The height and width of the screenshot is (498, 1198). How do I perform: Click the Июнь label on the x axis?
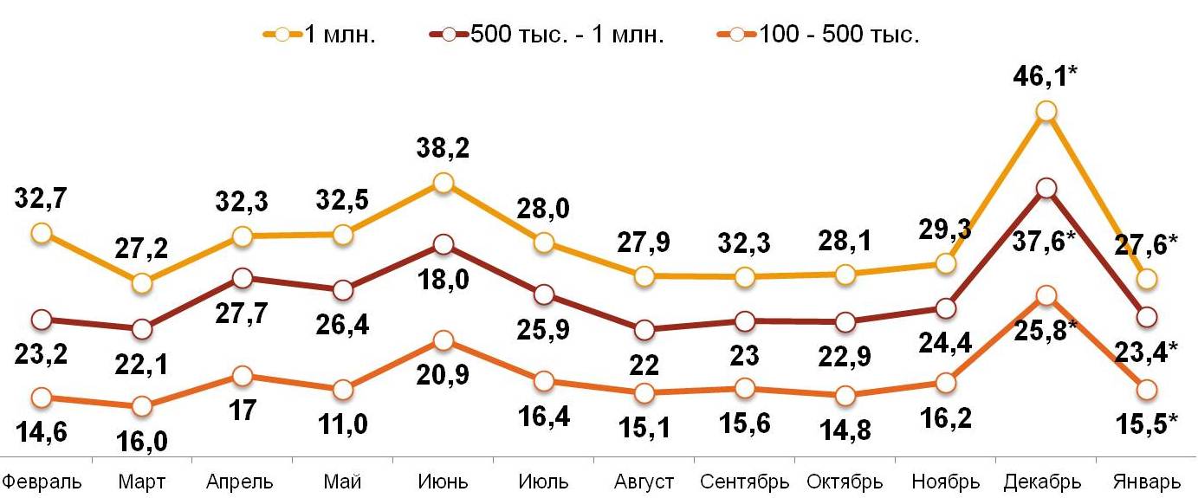[x=443, y=482]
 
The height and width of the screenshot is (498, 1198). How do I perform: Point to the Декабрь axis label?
[x=1044, y=482]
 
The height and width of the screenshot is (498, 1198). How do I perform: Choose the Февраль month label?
[x=42, y=482]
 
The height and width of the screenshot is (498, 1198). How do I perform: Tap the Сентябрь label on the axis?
[x=744, y=482]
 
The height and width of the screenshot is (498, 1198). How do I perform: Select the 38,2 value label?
[x=443, y=149]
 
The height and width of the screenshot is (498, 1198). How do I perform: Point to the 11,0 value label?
[x=343, y=424]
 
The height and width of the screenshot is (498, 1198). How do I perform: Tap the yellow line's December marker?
[x=1046, y=111]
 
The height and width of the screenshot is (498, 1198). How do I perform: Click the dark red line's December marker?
[x=1046, y=188]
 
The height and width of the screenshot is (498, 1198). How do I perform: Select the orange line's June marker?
[x=443, y=341]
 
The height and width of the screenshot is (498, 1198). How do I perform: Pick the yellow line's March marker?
[x=142, y=283]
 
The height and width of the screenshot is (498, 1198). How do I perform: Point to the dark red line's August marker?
[x=644, y=330]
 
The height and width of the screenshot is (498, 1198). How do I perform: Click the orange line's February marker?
[x=41, y=398]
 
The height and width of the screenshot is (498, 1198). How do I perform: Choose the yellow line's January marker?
[x=1147, y=278]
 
